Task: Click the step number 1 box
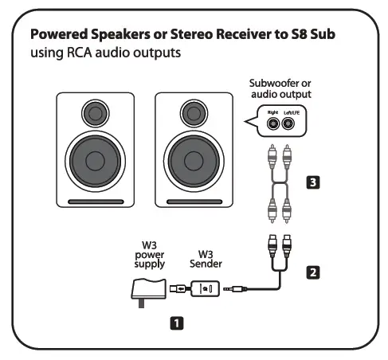point(176,323)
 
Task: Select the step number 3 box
point(313,182)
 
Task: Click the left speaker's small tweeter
point(95,112)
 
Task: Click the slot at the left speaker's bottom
point(96,200)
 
